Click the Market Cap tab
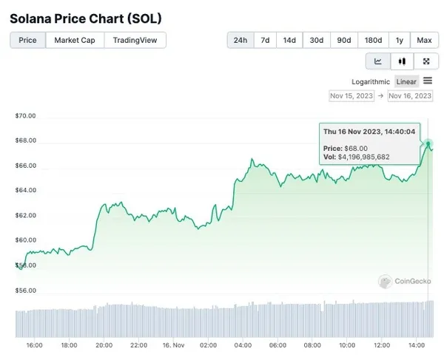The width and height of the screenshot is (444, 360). (75, 40)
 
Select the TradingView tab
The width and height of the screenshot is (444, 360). (135, 40)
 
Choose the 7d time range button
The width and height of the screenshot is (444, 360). (265, 40)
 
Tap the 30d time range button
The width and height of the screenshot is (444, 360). (317, 40)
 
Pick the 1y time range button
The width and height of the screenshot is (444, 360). (400, 40)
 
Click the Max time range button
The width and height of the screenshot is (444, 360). (424, 40)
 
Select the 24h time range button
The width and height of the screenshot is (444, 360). (240, 40)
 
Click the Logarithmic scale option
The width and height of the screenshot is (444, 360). (371, 81)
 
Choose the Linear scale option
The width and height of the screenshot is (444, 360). (406, 81)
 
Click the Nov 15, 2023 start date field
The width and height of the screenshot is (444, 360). (352, 96)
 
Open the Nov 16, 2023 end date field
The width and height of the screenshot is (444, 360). (410, 96)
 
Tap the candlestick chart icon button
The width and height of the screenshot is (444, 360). (402, 61)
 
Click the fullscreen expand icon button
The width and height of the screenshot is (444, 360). (425, 61)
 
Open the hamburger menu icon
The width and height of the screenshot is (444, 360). (428, 81)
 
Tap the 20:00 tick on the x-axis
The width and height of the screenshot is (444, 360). (104, 345)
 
